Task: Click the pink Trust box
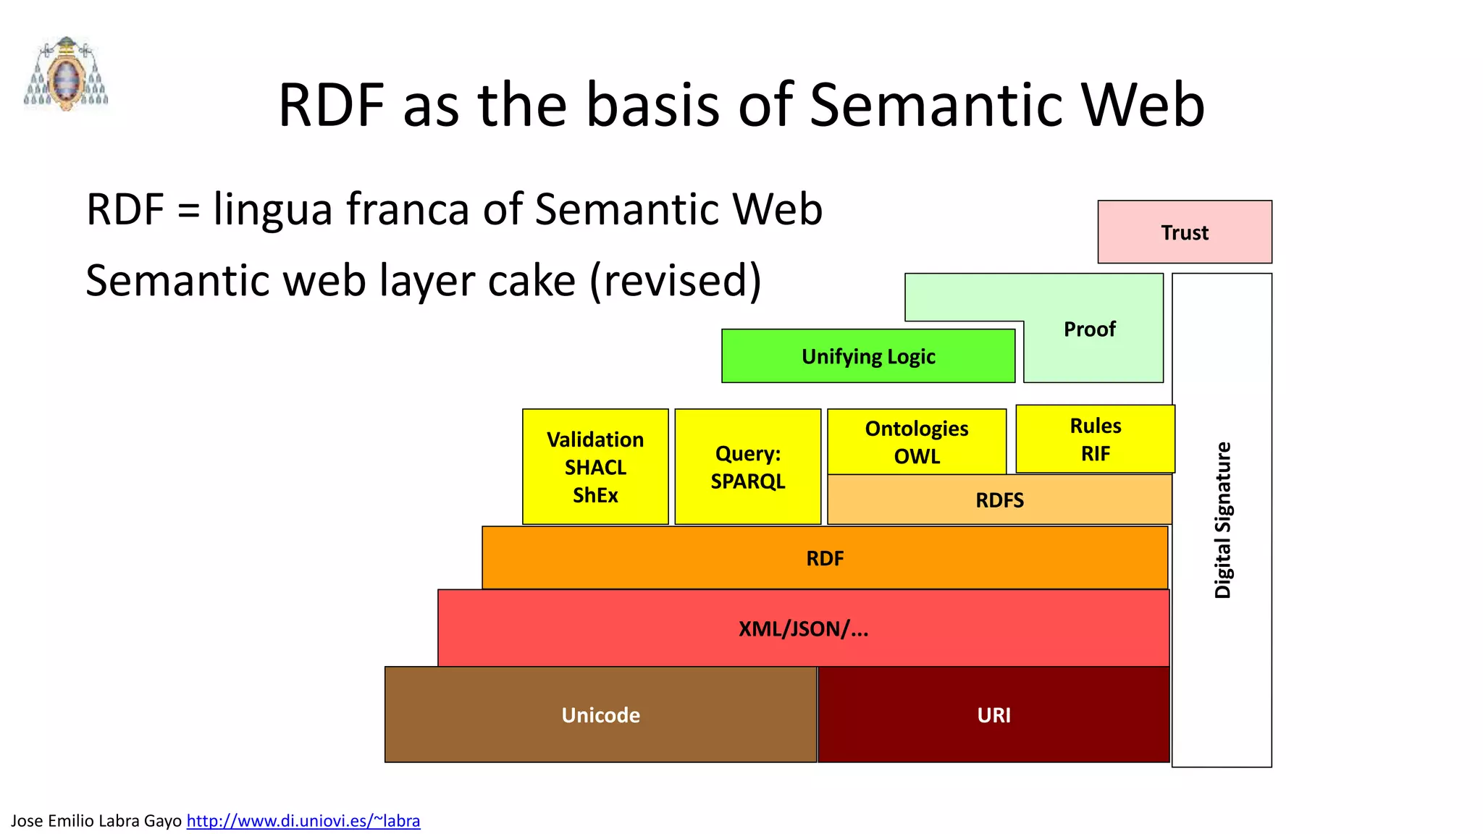1185,232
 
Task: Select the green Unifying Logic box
868,356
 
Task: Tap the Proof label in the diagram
1089,329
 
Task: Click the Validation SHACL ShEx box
595,467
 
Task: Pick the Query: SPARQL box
748,467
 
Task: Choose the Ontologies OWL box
917,442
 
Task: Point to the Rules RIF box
1096,439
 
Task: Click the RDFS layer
999,500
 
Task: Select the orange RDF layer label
825,559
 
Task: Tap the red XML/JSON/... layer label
803,629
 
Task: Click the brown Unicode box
601,715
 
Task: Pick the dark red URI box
993,715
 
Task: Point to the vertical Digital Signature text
1222,520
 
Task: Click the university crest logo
66,74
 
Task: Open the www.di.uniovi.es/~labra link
303,821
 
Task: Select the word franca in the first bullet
408,210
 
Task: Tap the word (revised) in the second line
675,281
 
